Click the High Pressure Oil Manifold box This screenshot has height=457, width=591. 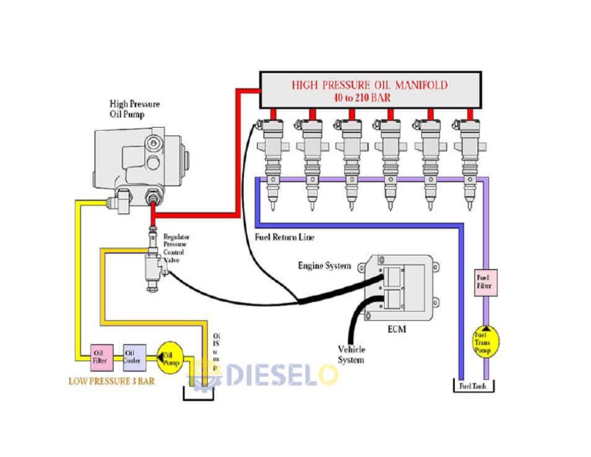[x=369, y=91]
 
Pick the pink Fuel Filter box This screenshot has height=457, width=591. [x=483, y=282]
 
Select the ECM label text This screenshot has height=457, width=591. [x=396, y=329]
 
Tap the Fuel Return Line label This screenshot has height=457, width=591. [x=284, y=237]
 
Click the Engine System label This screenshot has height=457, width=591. [x=324, y=265]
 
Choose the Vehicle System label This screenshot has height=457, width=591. [x=351, y=355]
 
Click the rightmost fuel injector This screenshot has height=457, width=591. [x=469, y=163]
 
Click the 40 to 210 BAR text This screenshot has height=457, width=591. [x=369, y=98]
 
